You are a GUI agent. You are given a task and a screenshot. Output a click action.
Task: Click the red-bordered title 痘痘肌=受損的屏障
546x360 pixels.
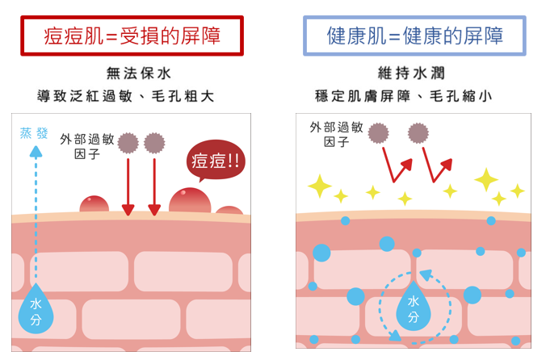click(x=132, y=36)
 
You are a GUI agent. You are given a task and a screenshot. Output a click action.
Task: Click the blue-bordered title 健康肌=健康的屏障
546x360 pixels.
click(x=414, y=36)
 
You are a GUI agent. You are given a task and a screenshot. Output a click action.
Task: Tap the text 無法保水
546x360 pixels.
click(x=139, y=73)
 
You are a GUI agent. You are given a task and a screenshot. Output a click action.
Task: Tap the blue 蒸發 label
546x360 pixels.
click(x=34, y=133)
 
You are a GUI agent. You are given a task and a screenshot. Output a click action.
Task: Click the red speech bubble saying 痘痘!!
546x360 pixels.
click(x=215, y=160)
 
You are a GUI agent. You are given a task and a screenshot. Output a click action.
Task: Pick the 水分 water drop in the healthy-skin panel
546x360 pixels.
click(x=413, y=307)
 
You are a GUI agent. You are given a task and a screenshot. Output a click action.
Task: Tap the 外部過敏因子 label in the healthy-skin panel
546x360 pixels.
click(x=336, y=134)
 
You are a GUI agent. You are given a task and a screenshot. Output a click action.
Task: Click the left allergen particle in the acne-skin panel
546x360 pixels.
click(x=128, y=144)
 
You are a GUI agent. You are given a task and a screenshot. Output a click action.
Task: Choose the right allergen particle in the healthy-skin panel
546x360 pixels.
click(x=418, y=132)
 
